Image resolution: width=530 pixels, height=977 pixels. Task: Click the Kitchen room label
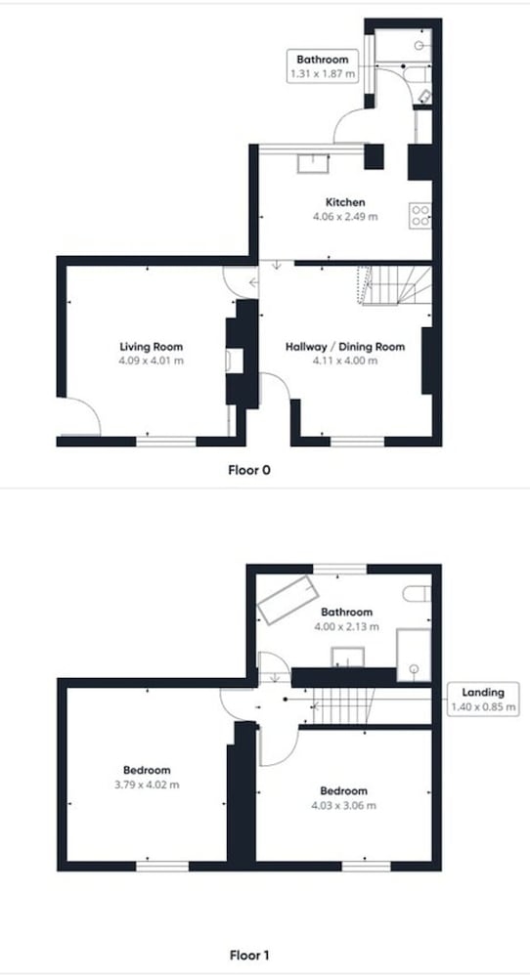(345, 202)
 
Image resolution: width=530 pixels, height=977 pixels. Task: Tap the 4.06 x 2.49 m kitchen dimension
(345, 217)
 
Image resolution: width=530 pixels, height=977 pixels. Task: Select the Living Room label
(151, 347)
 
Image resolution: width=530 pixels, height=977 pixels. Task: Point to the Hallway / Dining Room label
(345, 347)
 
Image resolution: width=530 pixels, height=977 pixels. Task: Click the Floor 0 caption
(248, 470)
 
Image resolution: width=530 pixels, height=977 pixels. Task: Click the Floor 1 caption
(248, 955)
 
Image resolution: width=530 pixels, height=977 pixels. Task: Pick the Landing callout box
(483, 699)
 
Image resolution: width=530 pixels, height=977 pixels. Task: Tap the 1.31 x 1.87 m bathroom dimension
(323, 74)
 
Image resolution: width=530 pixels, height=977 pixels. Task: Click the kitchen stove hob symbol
(420, 215)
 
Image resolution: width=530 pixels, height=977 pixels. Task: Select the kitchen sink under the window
(314, 163)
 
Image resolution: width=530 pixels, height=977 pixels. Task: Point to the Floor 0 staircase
(394, 285)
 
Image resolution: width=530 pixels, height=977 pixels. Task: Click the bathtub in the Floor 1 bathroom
(288, 601)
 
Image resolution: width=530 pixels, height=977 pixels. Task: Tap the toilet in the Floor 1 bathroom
(417, 594)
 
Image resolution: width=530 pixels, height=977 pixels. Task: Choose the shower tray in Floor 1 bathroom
(414, 655)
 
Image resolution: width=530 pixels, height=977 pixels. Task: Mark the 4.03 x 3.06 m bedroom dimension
(343, 805)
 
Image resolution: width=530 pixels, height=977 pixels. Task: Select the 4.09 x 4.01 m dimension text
(151, 361)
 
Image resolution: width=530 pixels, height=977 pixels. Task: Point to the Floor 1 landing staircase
(343, 706)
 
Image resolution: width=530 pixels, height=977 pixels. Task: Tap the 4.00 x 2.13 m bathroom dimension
(346, 627)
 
